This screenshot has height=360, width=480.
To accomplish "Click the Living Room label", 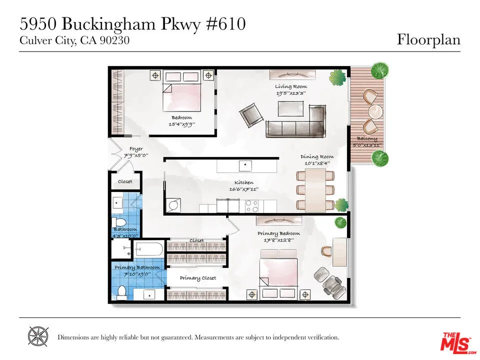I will pyautogui.click(x=290, y=86).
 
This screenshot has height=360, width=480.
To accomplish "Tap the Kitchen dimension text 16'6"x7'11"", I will pyautogui.click(x=244, y=189).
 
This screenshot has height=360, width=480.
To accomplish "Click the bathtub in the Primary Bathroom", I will pyautogui.click(x=147, y=248).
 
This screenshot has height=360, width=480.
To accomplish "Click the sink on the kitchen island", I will pyautogui.click(x=245, y=164).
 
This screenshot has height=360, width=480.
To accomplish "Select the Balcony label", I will pyautogui.click(x=366, y=138).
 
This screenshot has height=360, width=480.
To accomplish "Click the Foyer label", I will pyautogui.click(x=136, y=149).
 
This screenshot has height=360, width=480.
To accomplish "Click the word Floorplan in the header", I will pyautogui.click(x=428, y=40).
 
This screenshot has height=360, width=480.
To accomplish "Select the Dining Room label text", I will pyautogui.click(x=316, y=156).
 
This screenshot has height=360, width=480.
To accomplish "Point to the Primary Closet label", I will pyautogui.click(x=198, y=278).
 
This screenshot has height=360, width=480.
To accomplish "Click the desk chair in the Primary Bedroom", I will pyautogui.click(x=326, y=251).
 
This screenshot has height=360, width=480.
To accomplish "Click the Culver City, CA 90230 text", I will pyautogui.click(x=74, y=41).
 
